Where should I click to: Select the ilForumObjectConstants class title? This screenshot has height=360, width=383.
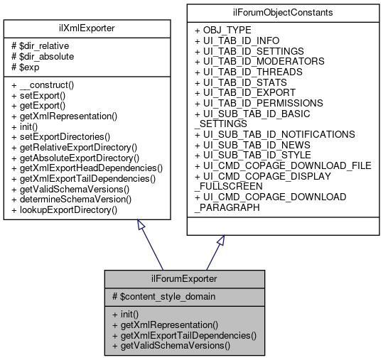281,13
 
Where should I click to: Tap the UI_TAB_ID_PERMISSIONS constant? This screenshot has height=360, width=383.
258,103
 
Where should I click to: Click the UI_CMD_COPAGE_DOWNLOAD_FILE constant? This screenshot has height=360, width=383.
282,165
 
